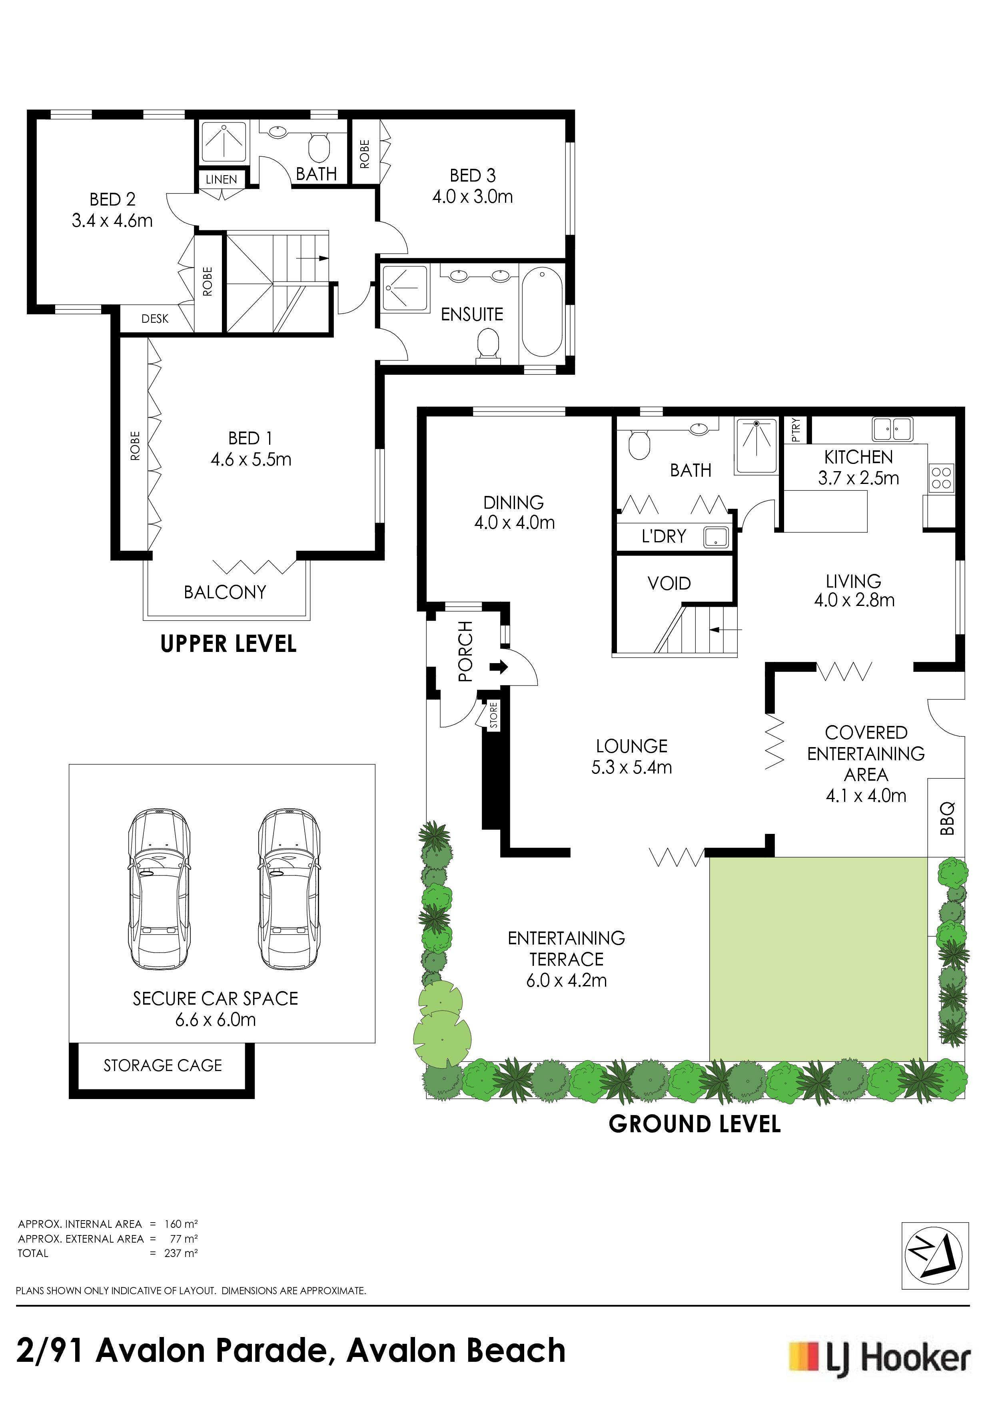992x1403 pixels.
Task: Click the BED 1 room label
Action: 250,438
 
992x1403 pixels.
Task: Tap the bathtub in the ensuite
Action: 542,314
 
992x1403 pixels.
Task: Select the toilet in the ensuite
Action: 488,345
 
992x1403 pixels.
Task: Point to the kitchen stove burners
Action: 941,477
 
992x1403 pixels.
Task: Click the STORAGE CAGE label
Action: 162,1065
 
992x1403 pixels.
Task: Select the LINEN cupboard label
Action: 221,180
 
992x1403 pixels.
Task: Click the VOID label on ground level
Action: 669,584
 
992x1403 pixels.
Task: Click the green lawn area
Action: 818,958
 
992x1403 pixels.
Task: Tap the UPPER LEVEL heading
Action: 228,644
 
